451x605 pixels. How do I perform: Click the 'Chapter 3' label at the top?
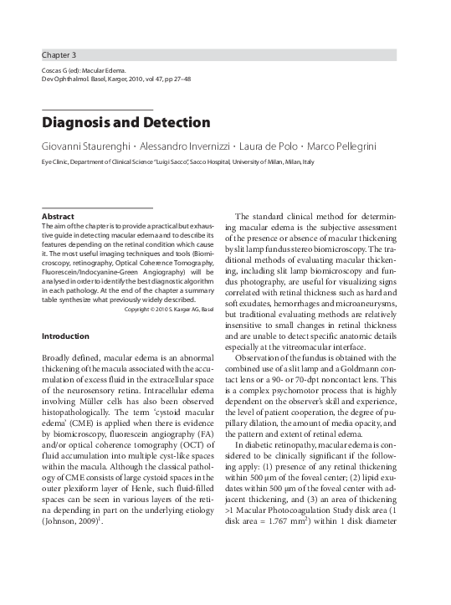(x=59, y=54)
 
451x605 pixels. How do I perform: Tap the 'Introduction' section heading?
(x=65, y=336)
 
